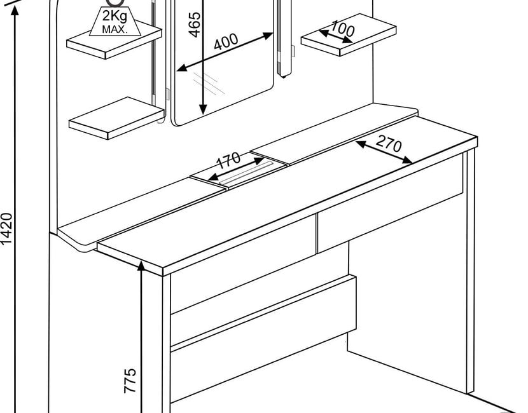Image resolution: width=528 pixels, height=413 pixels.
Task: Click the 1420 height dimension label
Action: coord(6,228)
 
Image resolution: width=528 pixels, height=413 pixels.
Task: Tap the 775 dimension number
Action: coord(129,381)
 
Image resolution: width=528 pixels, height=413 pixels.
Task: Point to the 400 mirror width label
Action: coord(226,43)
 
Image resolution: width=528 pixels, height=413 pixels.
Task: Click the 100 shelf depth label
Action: coord(342,29)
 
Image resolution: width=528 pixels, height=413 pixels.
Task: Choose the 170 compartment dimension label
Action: coord(228,159)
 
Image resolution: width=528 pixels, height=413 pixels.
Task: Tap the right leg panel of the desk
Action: coord(469,273)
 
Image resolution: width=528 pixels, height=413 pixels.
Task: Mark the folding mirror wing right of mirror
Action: coord(284,38)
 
